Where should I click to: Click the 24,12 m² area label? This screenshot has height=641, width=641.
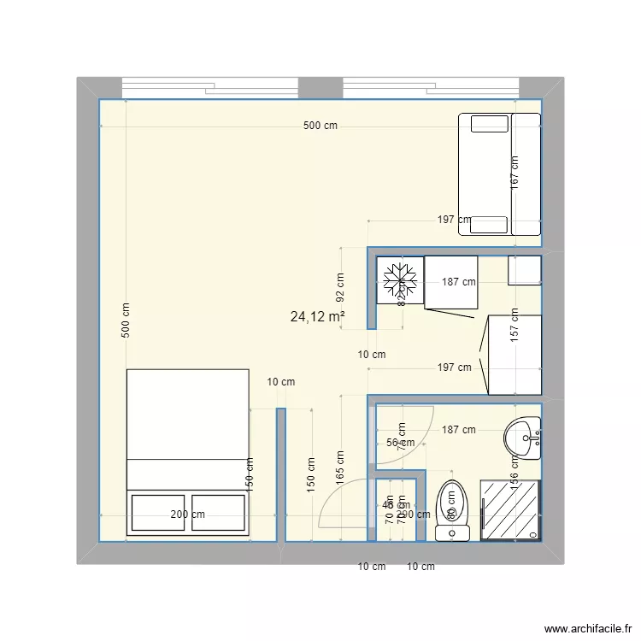(317, 317)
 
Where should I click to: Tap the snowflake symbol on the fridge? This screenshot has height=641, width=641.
(400, 279)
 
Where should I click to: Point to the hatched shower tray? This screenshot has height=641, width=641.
(511, 509)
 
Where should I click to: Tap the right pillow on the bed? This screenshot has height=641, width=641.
(219, 513)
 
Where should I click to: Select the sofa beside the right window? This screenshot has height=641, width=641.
(500, 173)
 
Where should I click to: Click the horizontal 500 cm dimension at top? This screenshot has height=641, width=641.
(320, 126)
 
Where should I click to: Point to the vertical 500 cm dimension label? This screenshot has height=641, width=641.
(126, 321)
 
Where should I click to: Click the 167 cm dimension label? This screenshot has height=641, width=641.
(515, 173)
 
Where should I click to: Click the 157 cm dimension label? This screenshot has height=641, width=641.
(515, 325)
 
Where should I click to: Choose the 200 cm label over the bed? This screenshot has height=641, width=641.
(187, 515)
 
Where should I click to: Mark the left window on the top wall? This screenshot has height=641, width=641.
(209, 88)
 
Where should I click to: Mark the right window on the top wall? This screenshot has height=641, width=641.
(431, 88)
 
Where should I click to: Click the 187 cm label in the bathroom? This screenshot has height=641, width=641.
(459, 430)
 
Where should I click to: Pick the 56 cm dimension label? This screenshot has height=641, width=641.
(400, 443)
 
